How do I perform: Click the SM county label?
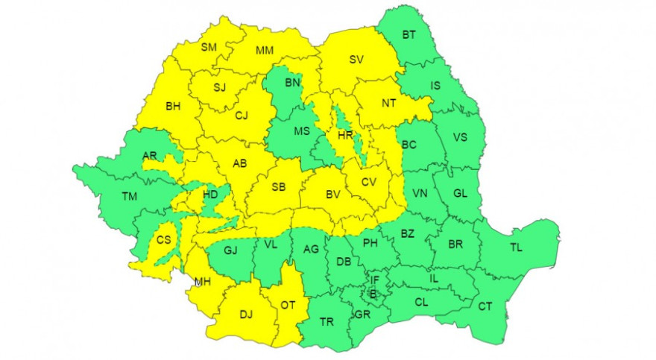point(209,47)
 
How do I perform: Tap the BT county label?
point(409,34)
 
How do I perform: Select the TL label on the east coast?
point(517,247)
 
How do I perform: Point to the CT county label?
point(485,306)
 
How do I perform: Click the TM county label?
point(130,197)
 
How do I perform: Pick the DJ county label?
point(245,314)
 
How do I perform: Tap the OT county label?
point(288,303)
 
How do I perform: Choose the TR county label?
point(327,322)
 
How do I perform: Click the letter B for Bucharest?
point(373,294)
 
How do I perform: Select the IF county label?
point(375,280)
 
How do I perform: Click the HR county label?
point(344,136)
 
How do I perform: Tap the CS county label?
point(163,240)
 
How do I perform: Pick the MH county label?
point(202,281)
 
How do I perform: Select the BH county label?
point(173,106)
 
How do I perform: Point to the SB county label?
point(279,186)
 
